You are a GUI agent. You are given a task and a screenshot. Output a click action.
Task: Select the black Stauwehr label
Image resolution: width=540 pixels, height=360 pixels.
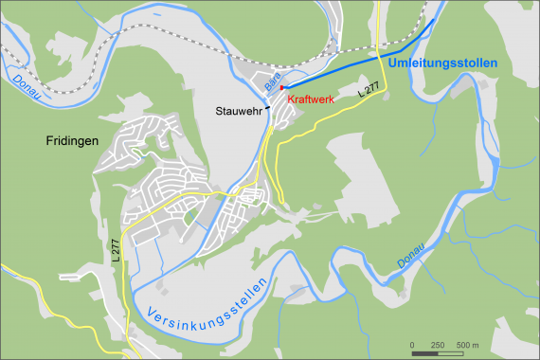[x=238, y=110]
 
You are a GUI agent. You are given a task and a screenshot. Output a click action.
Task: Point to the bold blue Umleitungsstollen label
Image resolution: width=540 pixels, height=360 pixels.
[x=442, y=63]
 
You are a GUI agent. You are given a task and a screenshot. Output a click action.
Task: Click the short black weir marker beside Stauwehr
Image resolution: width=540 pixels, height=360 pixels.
[x=267, y=108]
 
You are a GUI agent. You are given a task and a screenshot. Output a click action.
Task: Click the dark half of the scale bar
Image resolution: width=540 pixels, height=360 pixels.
[x=424, y=352]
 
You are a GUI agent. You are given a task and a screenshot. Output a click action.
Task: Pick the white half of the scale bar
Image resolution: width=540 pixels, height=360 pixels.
[x=449, y=352]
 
